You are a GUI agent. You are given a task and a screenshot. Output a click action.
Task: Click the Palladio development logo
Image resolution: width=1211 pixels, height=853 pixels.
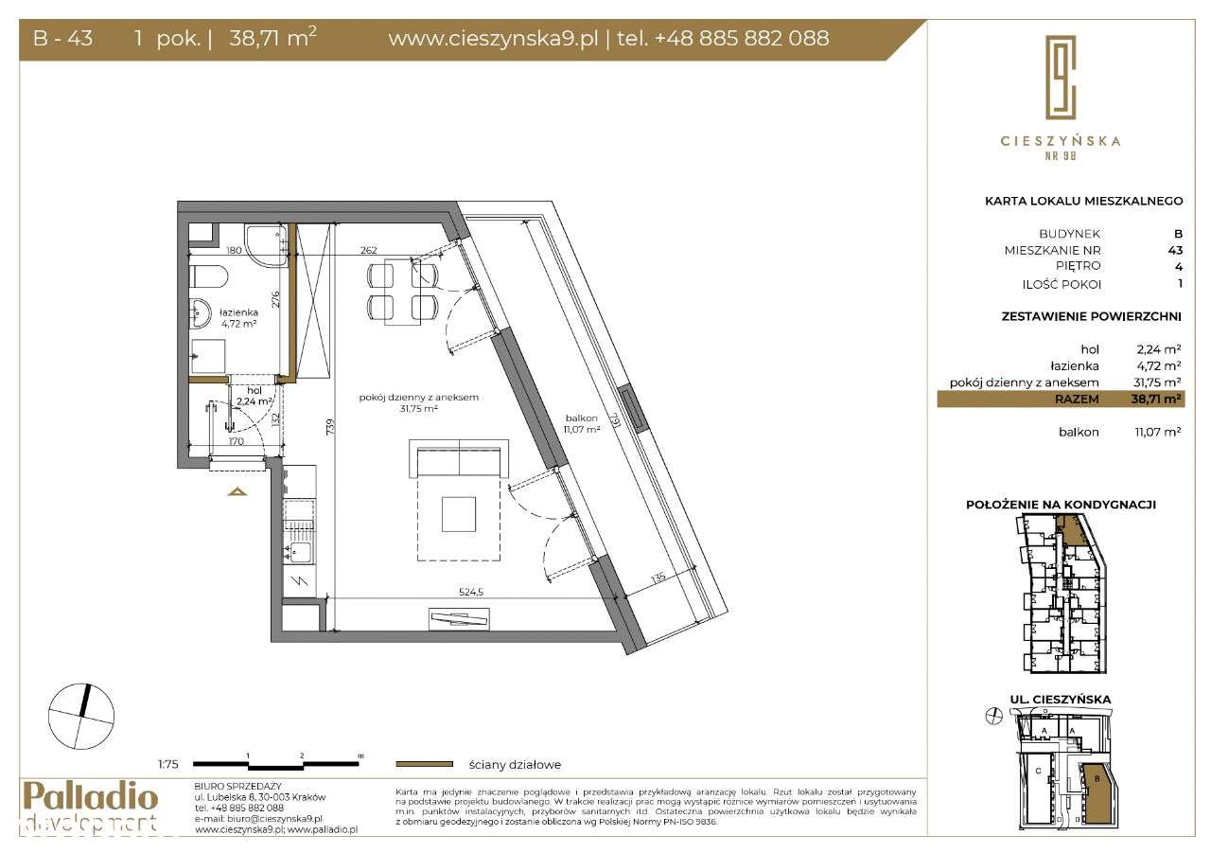click(90, 807)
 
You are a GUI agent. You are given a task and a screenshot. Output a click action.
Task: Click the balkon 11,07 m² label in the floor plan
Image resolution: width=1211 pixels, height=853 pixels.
click(582, 422)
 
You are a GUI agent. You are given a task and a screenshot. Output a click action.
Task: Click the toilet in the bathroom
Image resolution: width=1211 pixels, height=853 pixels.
click(207, 276)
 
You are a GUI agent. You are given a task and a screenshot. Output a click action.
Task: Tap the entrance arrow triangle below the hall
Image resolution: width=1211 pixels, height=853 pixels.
click(237, 491)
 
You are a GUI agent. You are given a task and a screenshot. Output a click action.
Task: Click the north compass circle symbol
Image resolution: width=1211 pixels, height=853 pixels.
click(81, 716)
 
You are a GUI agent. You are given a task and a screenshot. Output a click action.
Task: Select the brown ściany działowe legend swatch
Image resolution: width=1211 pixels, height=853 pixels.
click(424, 764)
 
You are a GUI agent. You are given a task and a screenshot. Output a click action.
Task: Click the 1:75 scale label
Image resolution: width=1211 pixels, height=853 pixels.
click(169, 764)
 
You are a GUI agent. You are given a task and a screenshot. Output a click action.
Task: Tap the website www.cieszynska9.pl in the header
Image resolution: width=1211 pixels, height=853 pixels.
click(493, 39)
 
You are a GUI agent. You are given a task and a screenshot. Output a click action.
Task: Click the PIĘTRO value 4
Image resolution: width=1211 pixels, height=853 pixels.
click(1178, 266)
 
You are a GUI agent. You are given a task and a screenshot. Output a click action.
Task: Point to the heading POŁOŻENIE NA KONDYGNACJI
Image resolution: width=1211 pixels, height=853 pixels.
click(1061, 505)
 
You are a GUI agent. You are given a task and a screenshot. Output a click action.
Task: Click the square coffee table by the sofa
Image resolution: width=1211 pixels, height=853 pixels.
click(460, 514)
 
